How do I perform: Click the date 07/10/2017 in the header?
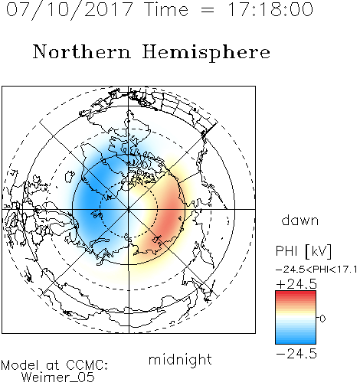(70, 10)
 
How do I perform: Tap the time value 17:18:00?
(270, 10)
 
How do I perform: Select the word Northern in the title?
(82, 52)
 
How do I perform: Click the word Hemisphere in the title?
(206, 53)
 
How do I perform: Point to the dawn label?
(300, 220)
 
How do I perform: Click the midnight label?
(180, 359)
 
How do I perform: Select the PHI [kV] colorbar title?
(303, 251)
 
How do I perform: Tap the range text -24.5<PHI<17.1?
(316, 270)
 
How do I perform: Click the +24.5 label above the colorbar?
(296, 284)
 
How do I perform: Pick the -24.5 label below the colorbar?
(296, 354)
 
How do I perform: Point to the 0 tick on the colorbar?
(322, 319)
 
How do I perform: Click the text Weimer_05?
(58, 378)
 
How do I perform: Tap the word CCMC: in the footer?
(87, 365)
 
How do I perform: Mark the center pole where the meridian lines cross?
(129, 209)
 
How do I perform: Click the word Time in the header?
(166, 10)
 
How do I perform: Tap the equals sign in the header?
(208, 10)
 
